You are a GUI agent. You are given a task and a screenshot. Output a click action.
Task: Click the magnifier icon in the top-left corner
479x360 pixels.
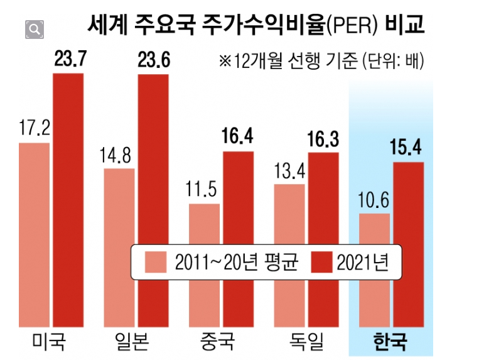click(35, 29)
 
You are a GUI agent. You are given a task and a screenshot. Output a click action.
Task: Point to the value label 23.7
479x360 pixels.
click(69, 60)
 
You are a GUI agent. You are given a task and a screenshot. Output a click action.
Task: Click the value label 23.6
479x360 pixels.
click(154, 62)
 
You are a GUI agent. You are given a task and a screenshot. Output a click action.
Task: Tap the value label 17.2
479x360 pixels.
click(34, 130)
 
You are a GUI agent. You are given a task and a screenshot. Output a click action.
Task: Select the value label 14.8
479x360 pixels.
click(119, 155)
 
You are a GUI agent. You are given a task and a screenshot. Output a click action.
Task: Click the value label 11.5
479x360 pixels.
click(204, 190)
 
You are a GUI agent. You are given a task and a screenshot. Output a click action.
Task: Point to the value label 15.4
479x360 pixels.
click(409, 150)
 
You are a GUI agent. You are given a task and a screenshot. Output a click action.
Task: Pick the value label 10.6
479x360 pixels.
click(374, 200)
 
